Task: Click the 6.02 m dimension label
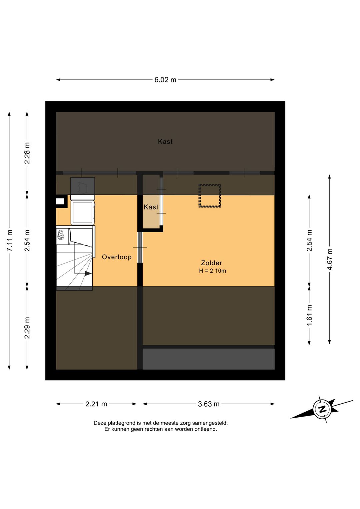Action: click(165, 80)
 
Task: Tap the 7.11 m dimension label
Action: click(10, 240)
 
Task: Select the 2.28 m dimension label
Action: click(27, 153)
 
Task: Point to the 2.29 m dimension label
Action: click(27, 328)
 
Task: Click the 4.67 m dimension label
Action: click(330, 259)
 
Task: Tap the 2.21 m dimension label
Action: click(96, 404)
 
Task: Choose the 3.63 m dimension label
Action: click(209, 404)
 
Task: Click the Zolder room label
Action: click(211, 263)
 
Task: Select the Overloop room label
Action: click(117, 257)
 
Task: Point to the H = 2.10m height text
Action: click(213, 271)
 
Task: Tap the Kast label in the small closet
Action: click(151, 207)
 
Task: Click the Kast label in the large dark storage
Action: click(165, 141)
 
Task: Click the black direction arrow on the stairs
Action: click(88, 274)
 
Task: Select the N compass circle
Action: click(322, 410)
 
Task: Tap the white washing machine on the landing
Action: click(83, 212)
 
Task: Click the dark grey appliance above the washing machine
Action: click(82, 186)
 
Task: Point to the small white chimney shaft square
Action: click(60, 201)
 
